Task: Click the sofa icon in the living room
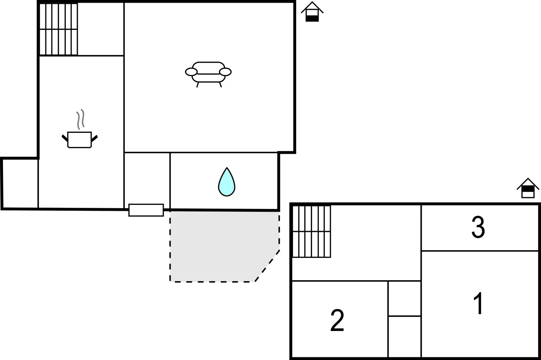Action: click(x=208, y=74)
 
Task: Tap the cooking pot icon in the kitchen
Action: click(x=80, y=140)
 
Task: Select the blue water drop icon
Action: click(x=227, y=182)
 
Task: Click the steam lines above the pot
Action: click(x=80, y=119)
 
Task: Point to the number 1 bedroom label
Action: click(x=478, y=303)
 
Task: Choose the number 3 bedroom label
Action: click(x=478, y=227)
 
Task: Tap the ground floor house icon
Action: click(x=312, y=12)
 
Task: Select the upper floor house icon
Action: click(x=528, y=188)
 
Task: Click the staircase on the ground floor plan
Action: click(x=58, y=29)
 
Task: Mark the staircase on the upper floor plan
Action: click(x=311, y=231)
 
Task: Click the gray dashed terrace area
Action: click(x=223, y=245)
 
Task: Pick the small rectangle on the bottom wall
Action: click(x=146, y=210)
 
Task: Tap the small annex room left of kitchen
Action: click(x=20, y=184)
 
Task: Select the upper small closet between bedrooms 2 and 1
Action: click(x=404, y=299)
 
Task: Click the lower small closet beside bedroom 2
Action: click(x=404, y=337)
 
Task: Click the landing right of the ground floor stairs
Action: click(x=101, y=29)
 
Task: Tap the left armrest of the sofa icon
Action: click(x=191, y=72)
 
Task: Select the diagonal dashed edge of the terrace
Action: click(x=267, y=266)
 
